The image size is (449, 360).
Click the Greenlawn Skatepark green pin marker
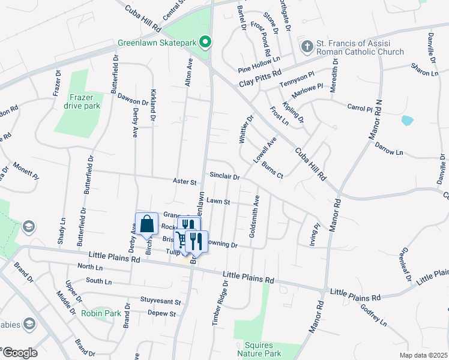205,43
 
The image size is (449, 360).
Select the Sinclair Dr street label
225,177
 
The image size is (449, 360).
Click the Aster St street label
184,181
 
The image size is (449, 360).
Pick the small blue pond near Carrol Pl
408,120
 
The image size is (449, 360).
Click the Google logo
19,352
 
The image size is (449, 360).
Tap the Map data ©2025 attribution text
423,355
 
